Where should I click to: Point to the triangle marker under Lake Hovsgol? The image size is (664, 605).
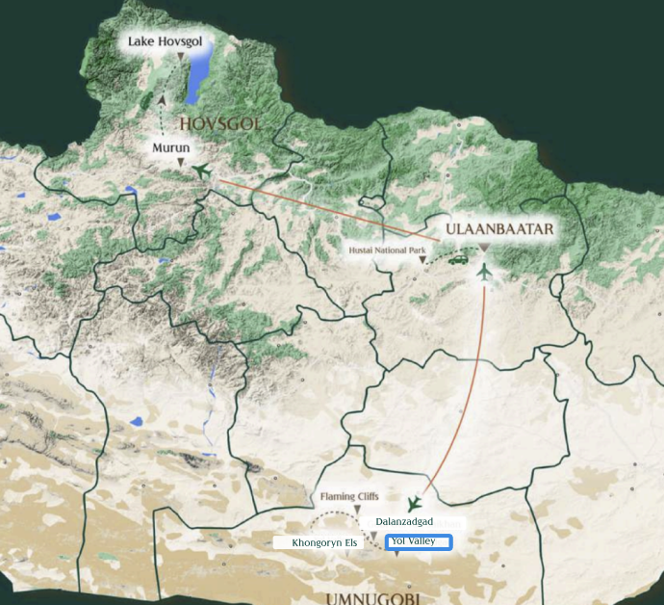pyautogui.click(x=180, y=58)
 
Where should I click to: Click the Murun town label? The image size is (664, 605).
pyautogui.click(x=170, y=148)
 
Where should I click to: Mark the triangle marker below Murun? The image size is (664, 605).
pyautogui.click(x=180, y=164)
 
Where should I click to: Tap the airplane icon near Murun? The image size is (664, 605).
pyautogui.click(x=200, y=171)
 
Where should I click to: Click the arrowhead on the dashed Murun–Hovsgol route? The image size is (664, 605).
pyautogui.click(x=162, y=98)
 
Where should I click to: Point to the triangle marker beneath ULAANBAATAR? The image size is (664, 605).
pyautogui.click(x=484, y=248)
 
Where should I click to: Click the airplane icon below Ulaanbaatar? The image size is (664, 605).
pyautogui.click(x=484, y=273)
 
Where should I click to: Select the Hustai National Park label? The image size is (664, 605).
pyautogui.click(x=386, y=250)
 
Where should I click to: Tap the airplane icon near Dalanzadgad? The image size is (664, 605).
pyautogui.click(x=415, y=504)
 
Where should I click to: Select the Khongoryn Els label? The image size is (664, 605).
pyautogui.click(x=324, y=543)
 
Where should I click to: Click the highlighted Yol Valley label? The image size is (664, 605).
pyautogui.click(x=419, y=542)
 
